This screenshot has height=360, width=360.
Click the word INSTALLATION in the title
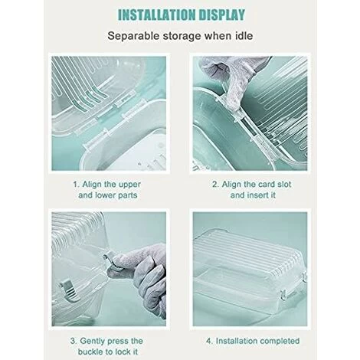pos(157,15)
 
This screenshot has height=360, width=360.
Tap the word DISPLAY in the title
pos(222,15)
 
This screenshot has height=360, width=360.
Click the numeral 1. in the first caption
pos(77,184)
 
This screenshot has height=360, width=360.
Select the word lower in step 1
pos(105,195)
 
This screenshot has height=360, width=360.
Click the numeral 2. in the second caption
pos(215,184)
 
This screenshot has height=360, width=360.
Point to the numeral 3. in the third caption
pos(74,341)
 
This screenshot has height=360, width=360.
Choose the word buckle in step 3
pos(90,352)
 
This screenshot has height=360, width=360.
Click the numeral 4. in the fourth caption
pos(210,341)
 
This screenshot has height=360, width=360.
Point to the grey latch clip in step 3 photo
pos(69,289)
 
